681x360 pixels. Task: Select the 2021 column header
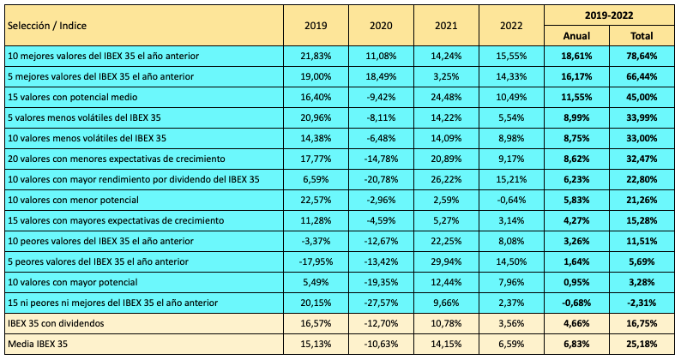(x=445, y=25)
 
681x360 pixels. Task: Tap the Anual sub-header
(x=576, y=36)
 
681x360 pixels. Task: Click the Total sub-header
(x=641, y=36)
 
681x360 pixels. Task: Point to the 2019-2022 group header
(x=608, y=15)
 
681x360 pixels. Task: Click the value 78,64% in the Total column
(x=642, y=56)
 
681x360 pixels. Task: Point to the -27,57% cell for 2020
(x=380, y=303)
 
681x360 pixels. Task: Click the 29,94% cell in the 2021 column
(x=445, y=261)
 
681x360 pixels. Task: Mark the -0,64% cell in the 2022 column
(x=511, y=200)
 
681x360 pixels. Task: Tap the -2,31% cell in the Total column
(x=642, y=303)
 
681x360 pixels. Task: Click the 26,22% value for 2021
(x=445, y=179)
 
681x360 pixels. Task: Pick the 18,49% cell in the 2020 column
(x=380, y=76)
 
